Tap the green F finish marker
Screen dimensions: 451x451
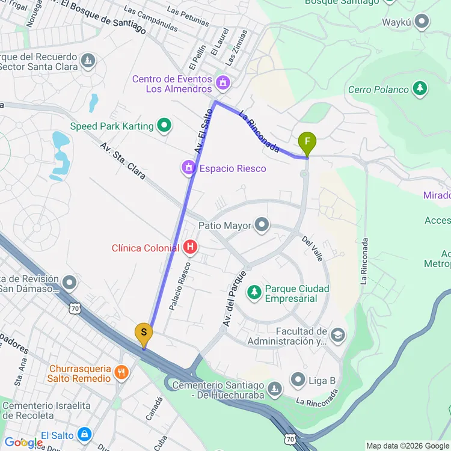pyautogui.click(x=307, y=143)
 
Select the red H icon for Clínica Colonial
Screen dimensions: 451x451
pyautogui.click(x=190, y=247)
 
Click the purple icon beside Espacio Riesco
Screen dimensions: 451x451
pyautogui.click(x=189, y=168)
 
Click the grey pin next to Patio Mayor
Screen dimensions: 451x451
pyautogui.click(x=262, y=226)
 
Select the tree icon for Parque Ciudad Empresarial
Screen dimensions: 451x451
pyautogui.click(x=255, y=292)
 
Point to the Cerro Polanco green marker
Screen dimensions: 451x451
pyautogui.click(x=420, y=89)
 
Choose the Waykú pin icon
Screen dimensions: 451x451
pyautogui.click(x=422, y=22)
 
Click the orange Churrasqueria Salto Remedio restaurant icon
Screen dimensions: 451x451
pyautogui.click(x=121, y=372)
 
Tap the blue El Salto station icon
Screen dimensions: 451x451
pyautogui.click(x=85, y=434)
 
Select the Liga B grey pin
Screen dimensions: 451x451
pyautogui.click(x=298, y=379)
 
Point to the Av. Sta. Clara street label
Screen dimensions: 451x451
pyautogui.click(x=123, y=161)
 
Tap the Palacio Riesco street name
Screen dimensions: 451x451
pyautogui.click(x=181, y=285)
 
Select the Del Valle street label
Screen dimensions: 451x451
pyautogui.click(x=313, y=248)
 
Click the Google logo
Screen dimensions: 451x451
pyautogui.click(x=22, y=443)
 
